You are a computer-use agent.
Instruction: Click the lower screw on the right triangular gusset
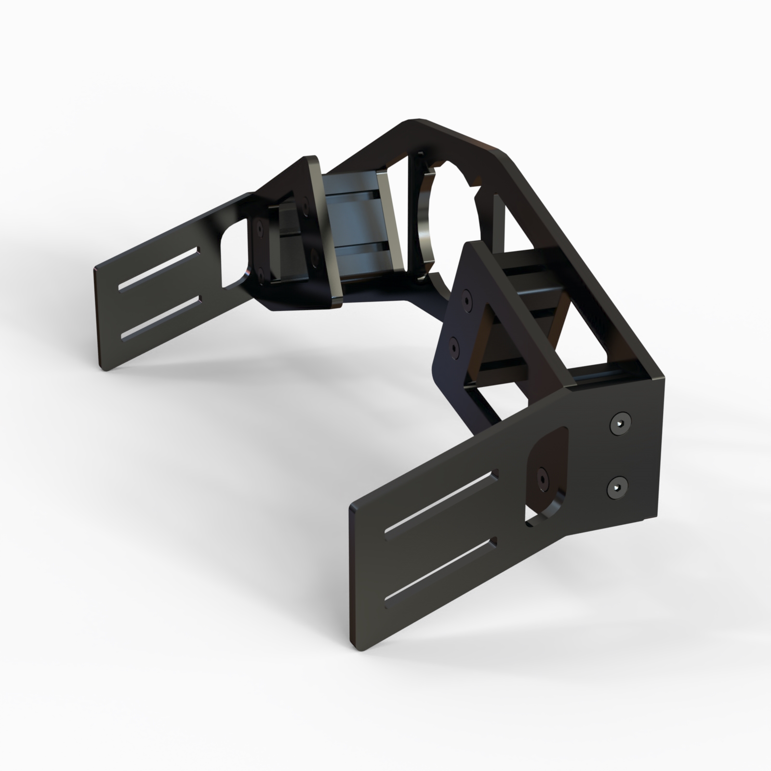(454, 345)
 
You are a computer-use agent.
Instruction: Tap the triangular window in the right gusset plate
(487, 337)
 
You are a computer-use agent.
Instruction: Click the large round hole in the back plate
(448, 222)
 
